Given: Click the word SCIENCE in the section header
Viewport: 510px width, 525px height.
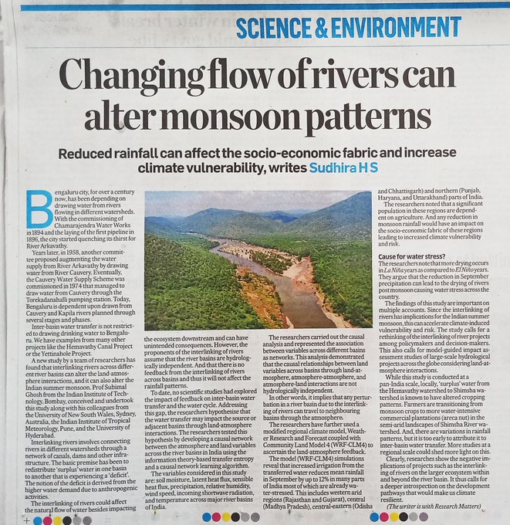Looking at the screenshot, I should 275,27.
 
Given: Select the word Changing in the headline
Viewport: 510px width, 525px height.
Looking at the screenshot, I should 125,76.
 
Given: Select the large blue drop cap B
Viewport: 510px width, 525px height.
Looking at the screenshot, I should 38,209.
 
